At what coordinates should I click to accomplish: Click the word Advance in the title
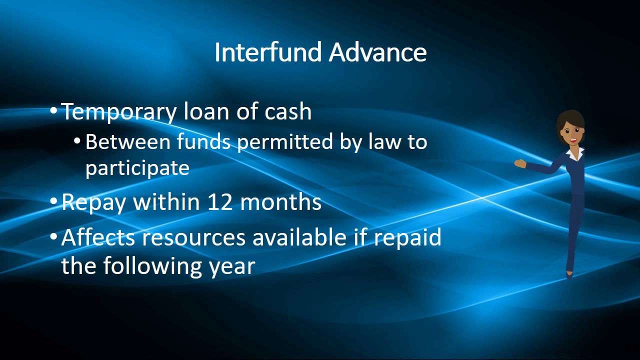(378, 52)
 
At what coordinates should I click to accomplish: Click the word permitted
(284, 142)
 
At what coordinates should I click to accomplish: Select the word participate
(137, 167)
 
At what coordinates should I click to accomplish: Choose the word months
(280, 202)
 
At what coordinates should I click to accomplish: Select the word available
(299, 237)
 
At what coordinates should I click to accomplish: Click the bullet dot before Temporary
(54, 111)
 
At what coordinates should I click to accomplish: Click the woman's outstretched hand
(519, 163)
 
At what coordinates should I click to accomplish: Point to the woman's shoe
(569, 274)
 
